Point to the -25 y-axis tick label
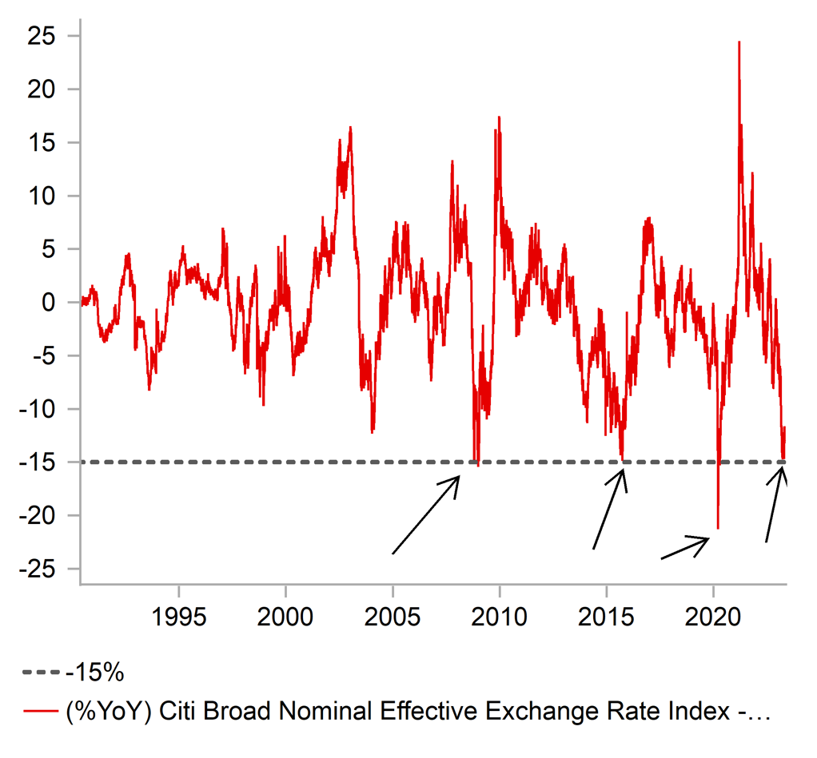(38, 569)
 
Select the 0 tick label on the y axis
(51, 303)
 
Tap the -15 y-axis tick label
(38, 462)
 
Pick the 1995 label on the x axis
(178, 618)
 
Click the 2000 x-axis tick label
(285, 618)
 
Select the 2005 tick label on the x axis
(393, 618)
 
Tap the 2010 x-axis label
(500, 618)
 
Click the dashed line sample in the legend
(42, 673)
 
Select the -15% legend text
(95, 673)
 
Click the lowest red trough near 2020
(718, 528)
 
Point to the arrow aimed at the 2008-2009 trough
(426, 514)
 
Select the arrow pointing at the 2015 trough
(608, 508)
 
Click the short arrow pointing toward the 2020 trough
(685, 548)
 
